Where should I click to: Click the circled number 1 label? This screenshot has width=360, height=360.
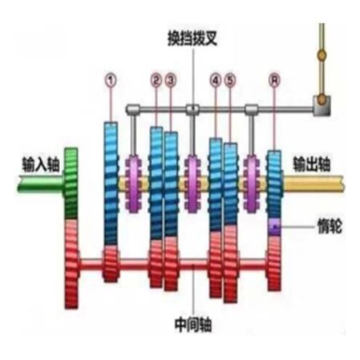coord(111,80)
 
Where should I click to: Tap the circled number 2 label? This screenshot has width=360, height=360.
coord(156,80)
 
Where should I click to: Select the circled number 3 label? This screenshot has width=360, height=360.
coord(171,80)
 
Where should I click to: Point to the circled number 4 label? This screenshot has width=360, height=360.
coord(216,80)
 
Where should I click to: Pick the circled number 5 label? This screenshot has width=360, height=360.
coord(230,80)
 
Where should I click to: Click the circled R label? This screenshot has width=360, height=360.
coord(274,80)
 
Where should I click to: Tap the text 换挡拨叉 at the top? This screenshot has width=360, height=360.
coord(192,38)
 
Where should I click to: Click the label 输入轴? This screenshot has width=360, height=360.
coord(41,164)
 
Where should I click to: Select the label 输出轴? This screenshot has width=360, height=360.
coord(312,164)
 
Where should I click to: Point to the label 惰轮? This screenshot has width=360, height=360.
coord(330,227)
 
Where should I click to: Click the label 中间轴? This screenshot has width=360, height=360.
coord(193,325)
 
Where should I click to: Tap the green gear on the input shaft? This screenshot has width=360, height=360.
coord(71,184)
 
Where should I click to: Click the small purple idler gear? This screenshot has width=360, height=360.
coord(274,227)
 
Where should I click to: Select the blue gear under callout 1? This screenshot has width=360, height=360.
coord(111,184)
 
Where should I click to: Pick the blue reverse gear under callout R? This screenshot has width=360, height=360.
coord(274,184)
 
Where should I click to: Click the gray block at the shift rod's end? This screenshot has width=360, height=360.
coord(322,106)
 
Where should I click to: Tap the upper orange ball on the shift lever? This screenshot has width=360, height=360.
coord(322,55)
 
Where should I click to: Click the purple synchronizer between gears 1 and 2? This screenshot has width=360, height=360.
coord(133,184)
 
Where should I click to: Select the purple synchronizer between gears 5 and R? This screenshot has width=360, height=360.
coord(251,184)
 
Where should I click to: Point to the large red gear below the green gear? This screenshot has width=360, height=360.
coord(71,264)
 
